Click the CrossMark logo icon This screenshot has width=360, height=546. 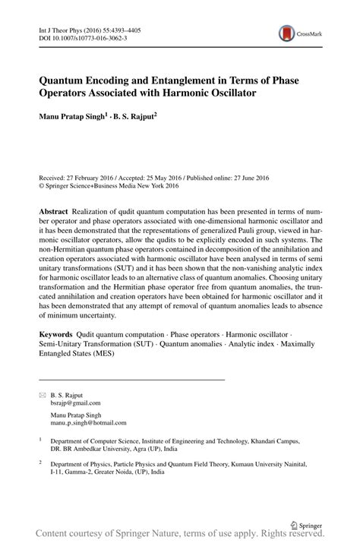[x=286, y=33]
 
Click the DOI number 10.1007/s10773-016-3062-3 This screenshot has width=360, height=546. [x=84, y=36]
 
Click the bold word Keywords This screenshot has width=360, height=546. [x=58, y=355]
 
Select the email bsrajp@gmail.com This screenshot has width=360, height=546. [x=76, y=403]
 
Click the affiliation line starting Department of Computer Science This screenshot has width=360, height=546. [x=175, y=440]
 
